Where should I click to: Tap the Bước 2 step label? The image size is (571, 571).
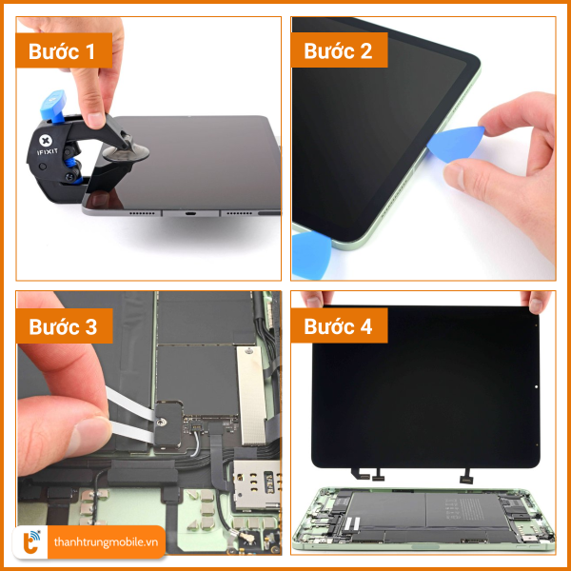pos(339,50)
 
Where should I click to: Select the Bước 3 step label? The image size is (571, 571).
pos(64,325)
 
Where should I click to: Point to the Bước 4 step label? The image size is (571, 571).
pos(339,325)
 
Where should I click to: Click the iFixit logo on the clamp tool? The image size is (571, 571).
pos(47,146)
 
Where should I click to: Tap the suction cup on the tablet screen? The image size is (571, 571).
pos(126,152)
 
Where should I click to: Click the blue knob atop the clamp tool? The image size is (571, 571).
pos(54,106)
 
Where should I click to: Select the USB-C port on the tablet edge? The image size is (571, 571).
pos(190,213)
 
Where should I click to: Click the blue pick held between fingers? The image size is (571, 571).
pos(456,144)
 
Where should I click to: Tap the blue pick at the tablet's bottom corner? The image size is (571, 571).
pos(311,255)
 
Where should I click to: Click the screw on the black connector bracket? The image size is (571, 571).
pos(161,422)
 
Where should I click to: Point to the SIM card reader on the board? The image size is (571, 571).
pos(257,484)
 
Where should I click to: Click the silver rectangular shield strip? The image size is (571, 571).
pos(251,396)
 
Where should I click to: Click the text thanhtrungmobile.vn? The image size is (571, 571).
pos(106,542)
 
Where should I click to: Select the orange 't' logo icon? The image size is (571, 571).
pos(30,542)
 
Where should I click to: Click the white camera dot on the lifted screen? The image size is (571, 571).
pos(536,386)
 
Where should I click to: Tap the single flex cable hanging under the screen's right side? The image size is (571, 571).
pos(466,476)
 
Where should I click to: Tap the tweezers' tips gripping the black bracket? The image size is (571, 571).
pos(152,427)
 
